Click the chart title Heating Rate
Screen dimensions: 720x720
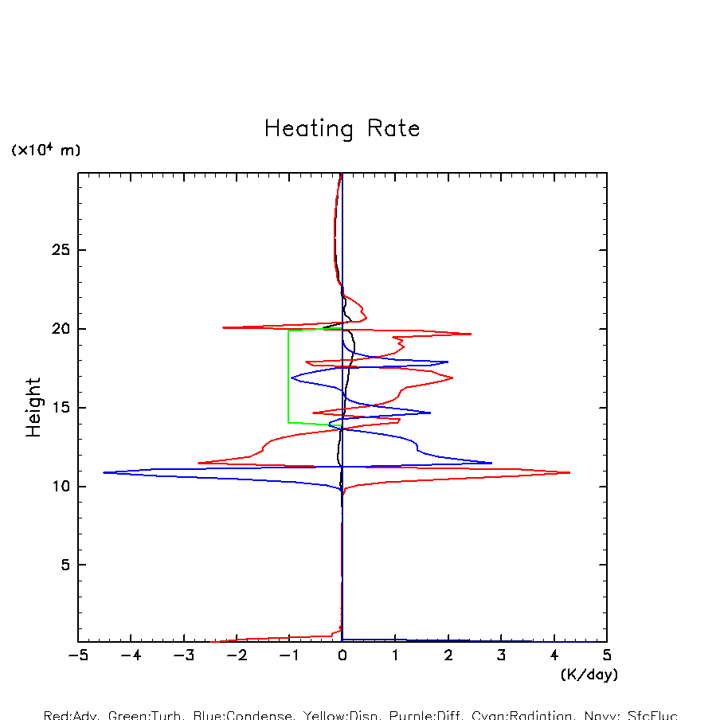(342, 129)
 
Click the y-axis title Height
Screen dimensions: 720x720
(33, 407)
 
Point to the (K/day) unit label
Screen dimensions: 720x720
(589, 675)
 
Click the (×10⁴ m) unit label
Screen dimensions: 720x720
(45, 150)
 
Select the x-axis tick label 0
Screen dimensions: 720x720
(342, 655)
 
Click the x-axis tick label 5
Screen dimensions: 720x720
(607, 655)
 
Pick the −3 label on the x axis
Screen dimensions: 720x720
(183, 655)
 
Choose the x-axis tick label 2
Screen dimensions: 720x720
(448, 655)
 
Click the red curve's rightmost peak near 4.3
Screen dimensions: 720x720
(569, 472)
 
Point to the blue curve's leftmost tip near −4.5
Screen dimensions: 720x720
(104, 472)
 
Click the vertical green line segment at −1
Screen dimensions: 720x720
(288, 374)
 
